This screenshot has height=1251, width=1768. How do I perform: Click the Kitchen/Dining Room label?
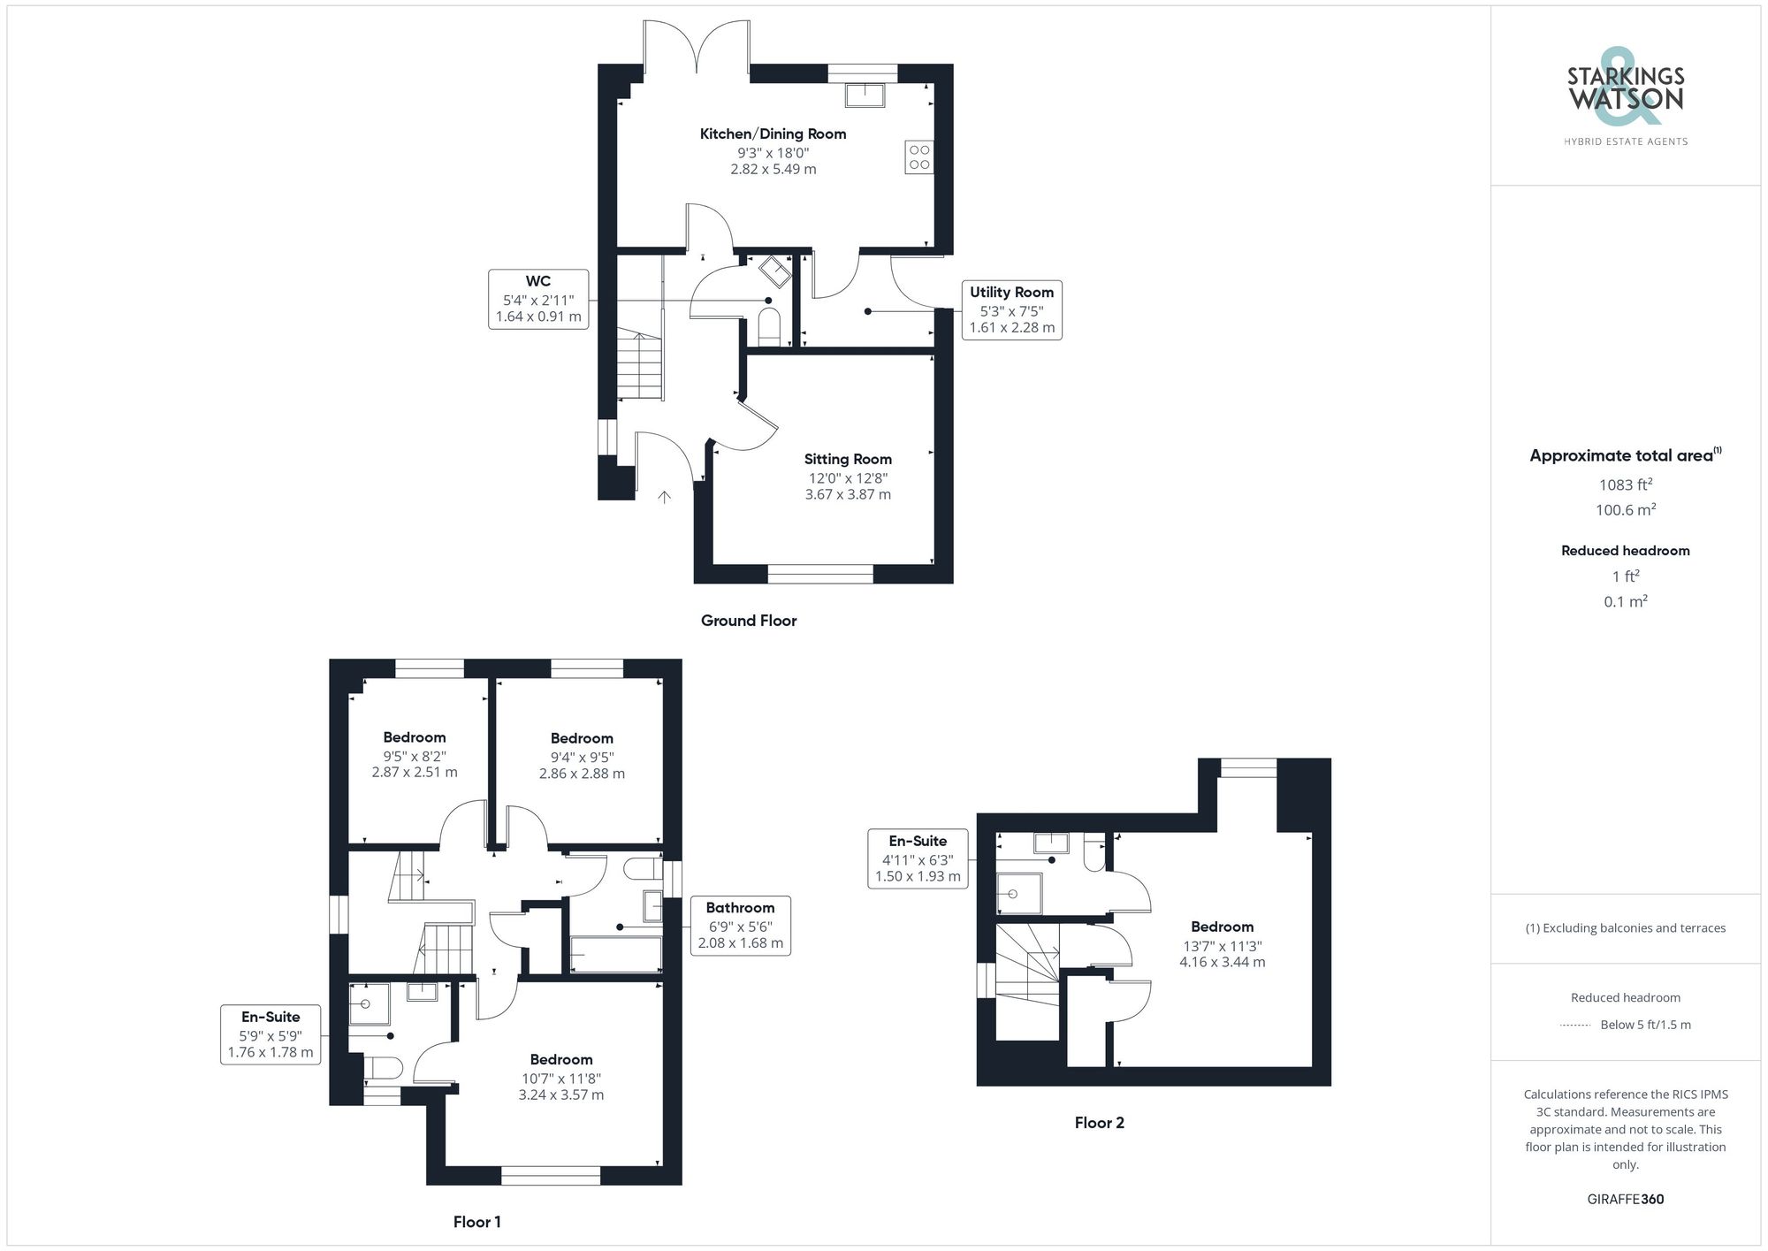[x=773, y=134]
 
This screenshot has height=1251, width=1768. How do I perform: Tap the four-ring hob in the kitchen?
[x=919, y=157]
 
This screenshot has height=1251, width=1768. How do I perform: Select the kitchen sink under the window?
[x=865, y=95]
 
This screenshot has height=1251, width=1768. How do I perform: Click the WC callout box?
[x=537, y=299]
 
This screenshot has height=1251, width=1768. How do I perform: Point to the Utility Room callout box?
[x=1011, y=309]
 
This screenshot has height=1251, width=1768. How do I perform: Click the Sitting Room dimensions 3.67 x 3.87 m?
[x=847, y=494]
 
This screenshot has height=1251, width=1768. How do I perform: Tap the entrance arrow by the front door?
[x=664, y=497]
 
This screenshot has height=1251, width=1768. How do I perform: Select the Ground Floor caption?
[x=748, y=621]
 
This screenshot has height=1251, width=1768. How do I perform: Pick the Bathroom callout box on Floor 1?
[x=740, y=926]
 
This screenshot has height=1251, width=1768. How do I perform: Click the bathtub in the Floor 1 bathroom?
[x=615, y=955]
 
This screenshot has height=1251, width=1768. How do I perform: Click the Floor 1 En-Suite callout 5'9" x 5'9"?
[x=271, y=1034]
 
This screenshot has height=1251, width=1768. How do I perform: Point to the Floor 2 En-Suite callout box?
[x=918, y=858]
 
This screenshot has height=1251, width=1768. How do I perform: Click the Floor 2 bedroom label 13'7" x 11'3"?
[x=1222, y=945]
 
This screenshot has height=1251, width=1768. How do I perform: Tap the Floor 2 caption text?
[x=1099, y=1123]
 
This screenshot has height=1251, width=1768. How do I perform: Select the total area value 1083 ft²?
[x=1625, y=484]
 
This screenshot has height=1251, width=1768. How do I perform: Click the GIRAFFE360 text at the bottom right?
[x=1625, y=1199]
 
